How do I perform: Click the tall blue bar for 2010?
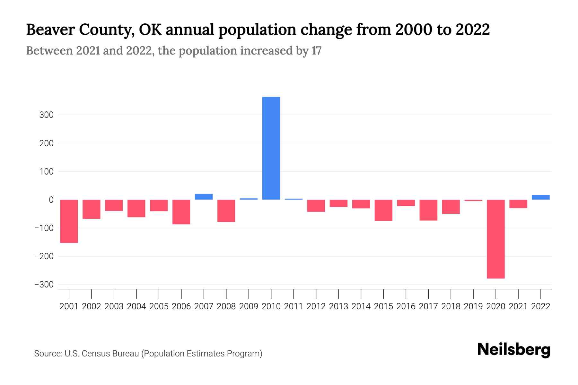click(x=271, y=148)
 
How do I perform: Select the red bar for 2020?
click(x=495, y=239)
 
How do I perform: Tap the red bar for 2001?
click(x=69, y=221)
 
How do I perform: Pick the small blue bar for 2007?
click(x=204, y=197)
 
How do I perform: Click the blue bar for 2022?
click(x=540, y=197)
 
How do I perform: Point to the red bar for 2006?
click(x=181, y=212)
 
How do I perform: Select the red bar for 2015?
click(x=383, y=210)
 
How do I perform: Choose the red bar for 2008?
click(x=226, y=211)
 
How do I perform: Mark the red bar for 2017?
click(x=428, y=210)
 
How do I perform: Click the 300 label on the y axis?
click(x=46, y=115)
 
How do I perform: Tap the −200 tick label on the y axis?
click(x=44, y=256)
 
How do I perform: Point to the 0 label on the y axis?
click(x=51, y=200)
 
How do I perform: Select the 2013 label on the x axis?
click(x=338, y=306)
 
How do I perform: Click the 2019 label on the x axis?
click(x=473, y=306)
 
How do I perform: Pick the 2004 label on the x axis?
click(x=136, y=306)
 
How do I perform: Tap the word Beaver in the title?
click(x=50, y=30)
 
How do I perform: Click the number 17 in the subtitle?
click(x=316, y=51)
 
